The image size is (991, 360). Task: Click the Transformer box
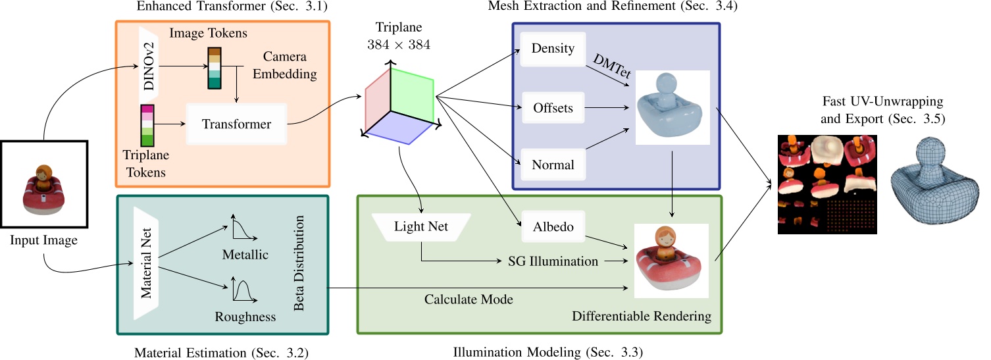(236, 124)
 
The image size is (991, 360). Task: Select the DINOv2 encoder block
(149, 66)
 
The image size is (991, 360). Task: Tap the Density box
(552, 49)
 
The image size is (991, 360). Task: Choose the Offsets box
(552, 109)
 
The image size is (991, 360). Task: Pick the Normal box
(552, 165)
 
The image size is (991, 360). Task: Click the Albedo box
(553, 227)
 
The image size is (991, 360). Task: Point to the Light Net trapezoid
(421, 227)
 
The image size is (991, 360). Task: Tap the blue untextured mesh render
(671, 107)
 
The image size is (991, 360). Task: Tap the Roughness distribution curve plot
(243, 290)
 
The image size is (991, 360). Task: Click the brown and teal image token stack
(215, 68)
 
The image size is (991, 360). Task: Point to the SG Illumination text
(553, 261)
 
